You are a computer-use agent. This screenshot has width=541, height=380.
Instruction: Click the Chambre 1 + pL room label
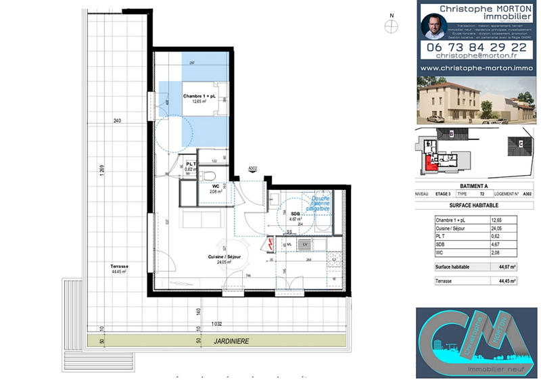(199, 98)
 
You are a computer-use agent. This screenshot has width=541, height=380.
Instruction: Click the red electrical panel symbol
(270, 243)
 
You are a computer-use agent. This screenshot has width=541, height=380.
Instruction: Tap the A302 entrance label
(253, 168)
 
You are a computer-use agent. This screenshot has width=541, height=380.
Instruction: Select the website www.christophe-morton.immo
(476, 68)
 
